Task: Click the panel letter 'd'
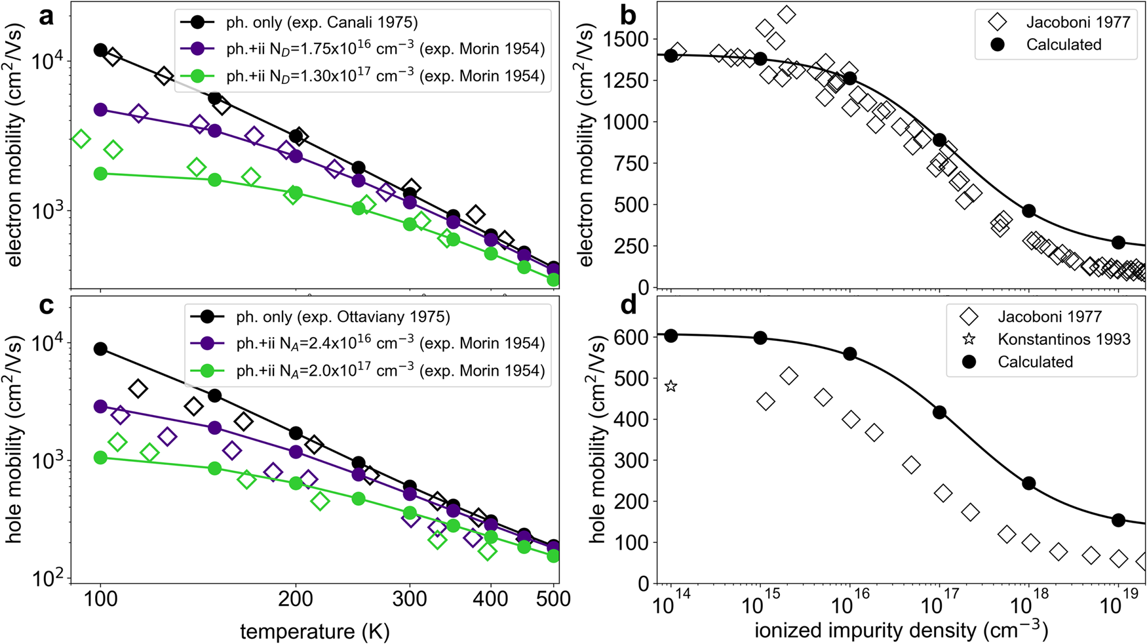tap(628, 306)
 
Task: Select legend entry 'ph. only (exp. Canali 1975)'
tap(322, 22)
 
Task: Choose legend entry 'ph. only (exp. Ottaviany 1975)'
tap(343, 317)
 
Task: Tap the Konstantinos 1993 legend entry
tap(1064, 339)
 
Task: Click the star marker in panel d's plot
tap(671, 386)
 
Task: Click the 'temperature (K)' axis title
tap(315, 631)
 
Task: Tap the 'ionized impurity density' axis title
tap(901, 631)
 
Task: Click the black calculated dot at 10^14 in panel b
tap(671, 56)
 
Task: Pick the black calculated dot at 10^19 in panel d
tap(1118, 520)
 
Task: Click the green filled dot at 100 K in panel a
tap(100, 174)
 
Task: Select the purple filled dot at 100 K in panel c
tap(100, 407)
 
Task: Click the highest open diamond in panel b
tap(787, 14)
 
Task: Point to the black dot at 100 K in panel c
tap(100, 349)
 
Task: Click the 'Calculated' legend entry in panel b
tap(1063, 45)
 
